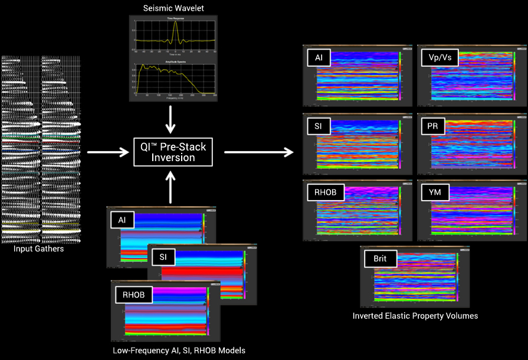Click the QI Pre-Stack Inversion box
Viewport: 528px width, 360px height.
coord(170,152)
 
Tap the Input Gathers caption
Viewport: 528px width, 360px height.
coord(39,249)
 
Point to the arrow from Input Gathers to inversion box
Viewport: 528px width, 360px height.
coord(107,152)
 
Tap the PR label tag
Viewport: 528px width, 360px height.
coord(432,125)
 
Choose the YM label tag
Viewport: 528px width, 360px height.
coord(433,192)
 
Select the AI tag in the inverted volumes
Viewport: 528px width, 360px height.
coord(318,58)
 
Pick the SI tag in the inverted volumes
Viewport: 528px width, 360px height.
coord(318,125)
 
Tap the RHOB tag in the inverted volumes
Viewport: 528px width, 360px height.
coord(326,192)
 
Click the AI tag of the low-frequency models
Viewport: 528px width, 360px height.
coord(122,220)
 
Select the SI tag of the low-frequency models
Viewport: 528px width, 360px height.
coord(163,257)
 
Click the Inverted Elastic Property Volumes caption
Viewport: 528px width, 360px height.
coord(415,316)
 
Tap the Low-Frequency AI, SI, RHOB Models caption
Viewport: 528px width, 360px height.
coord(179,351)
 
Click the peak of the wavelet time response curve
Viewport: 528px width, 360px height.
coord(175,21)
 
